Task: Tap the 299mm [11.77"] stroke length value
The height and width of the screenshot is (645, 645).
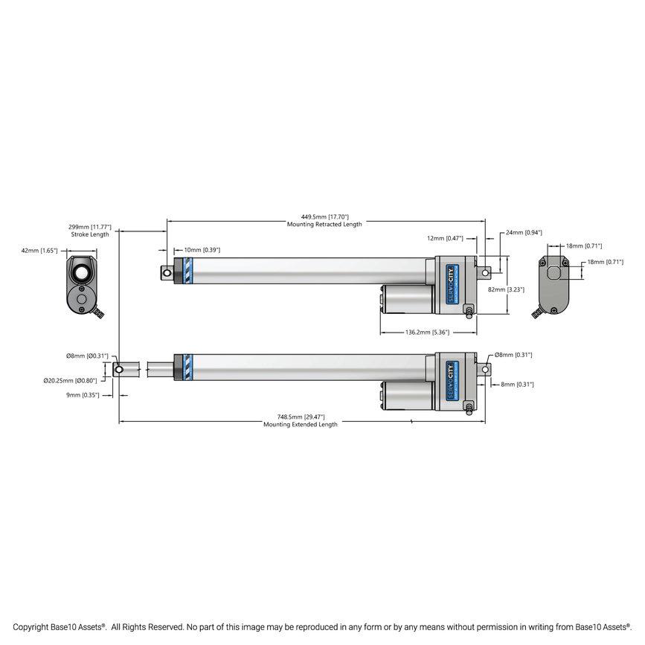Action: point(90,226)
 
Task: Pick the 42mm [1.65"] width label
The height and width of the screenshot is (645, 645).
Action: point(39,251)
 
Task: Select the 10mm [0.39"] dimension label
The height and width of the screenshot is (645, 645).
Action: point(202,250)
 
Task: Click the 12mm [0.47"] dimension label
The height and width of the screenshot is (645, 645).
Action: point(445,238)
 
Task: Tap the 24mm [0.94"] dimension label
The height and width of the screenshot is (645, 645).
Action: point(524,232)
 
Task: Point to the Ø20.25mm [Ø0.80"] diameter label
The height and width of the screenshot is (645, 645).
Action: point(71,380)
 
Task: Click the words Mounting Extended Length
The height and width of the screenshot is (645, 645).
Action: point(300,425)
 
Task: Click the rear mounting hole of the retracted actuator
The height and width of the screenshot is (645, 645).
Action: point(486,273)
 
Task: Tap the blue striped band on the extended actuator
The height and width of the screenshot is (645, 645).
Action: point(187,366)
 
